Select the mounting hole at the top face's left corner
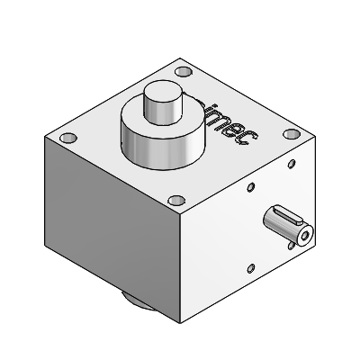(x=67, y=139)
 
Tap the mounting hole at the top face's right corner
(x=290, y=134)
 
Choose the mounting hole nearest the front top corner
(x=177, y=200)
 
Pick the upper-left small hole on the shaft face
(x=250, y=189)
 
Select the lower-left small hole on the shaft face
(x=255, y=265)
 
